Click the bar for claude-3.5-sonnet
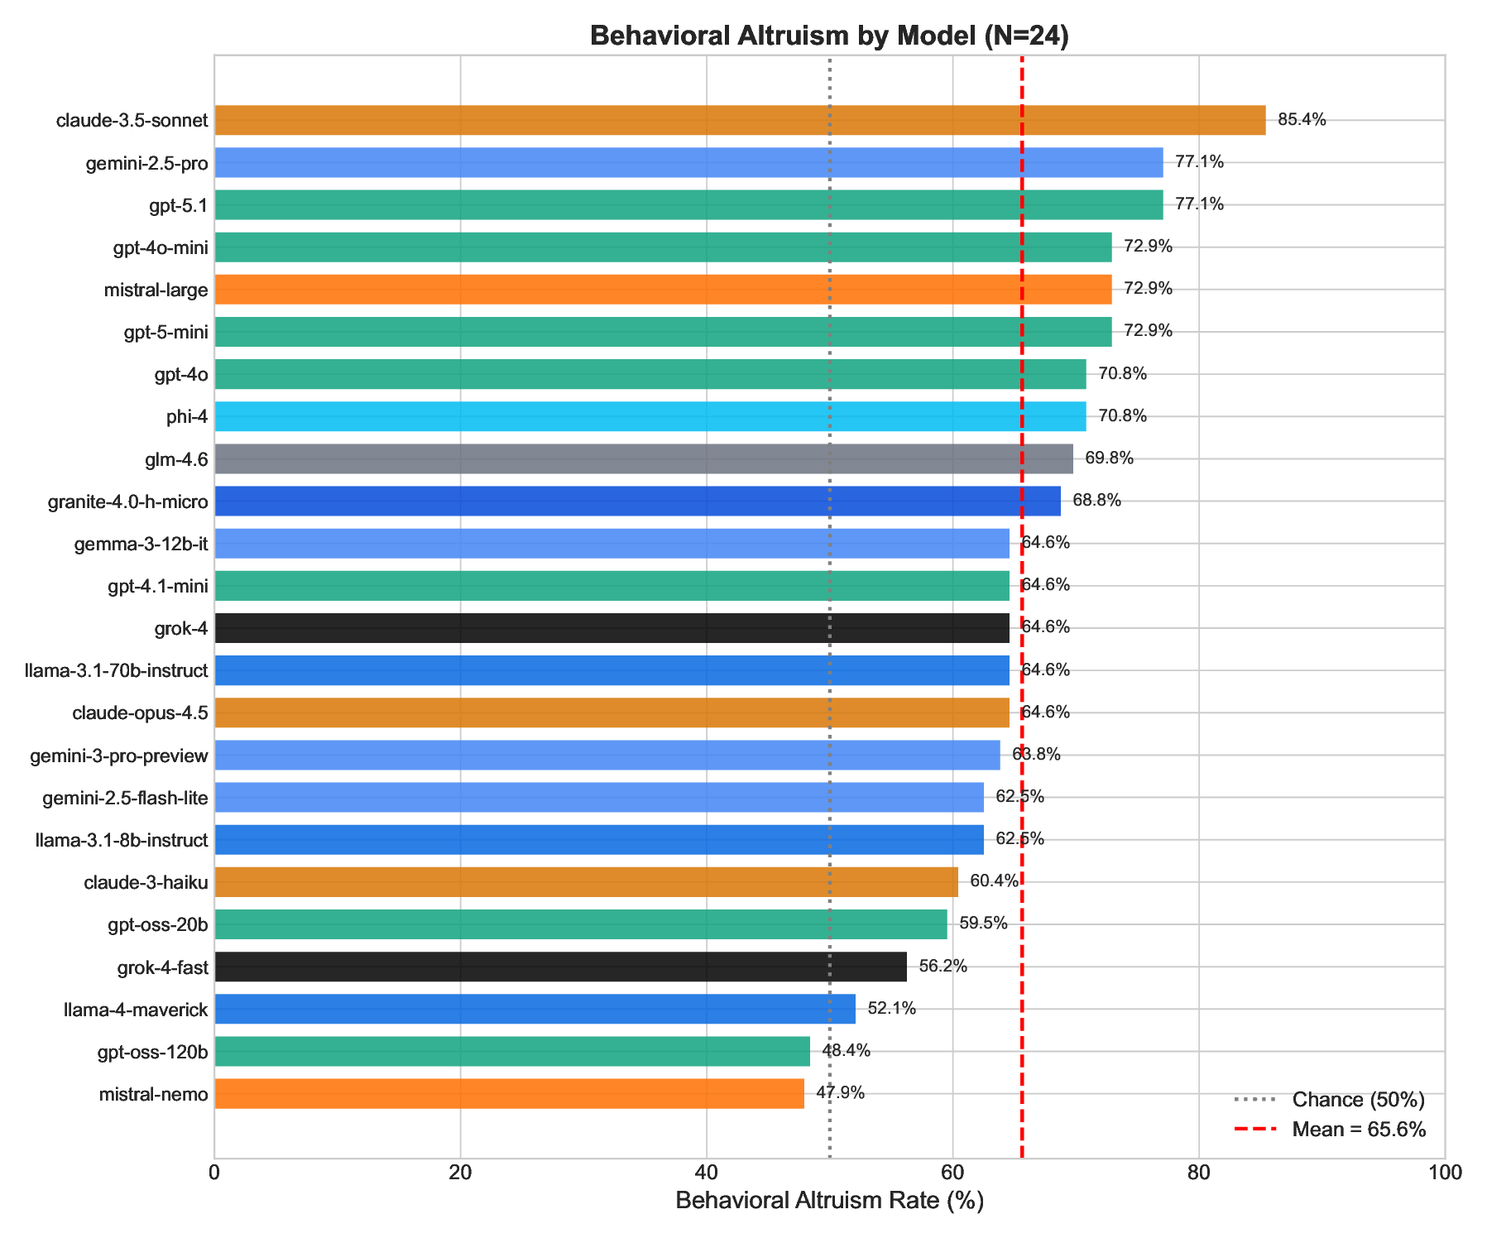739,120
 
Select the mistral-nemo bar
509,1093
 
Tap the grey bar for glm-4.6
643,458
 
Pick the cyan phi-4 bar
650,416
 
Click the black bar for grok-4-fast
560,967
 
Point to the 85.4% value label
1301,120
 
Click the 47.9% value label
840,1093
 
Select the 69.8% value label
1109,458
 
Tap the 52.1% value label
891,1009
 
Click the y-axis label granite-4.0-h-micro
127,501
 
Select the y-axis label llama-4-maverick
136,1009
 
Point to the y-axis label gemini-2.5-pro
146,162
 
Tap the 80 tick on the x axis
1198,1173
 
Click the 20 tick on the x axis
460,1173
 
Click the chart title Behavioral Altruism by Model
829,36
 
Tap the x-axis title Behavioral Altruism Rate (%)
829,1202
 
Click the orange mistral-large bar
662,290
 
